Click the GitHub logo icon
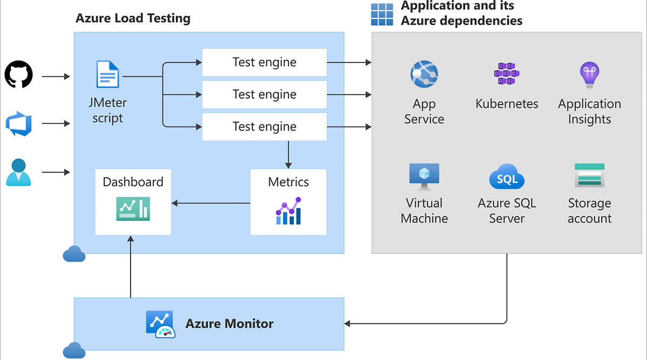[x=19, y=74]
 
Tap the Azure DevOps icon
[x=19, y=124]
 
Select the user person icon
[x=19, y=172]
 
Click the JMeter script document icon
[x=108, y=74]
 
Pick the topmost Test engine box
[x=264, y=63]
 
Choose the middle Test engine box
[x=264, y=95]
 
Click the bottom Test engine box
[x=264, y=127]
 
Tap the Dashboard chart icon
[x=133, y=209]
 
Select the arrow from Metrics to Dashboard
[x=211, y=203]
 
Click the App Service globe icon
[x=424, y=74]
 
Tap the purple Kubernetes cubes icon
[x=507, y=74]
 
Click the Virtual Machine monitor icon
[x=424, y=176]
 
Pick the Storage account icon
[x=589, y=176]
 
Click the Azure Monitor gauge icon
[x=160, y=324]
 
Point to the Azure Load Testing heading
[x=133, y=18]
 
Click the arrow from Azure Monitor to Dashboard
[x=130, y=266]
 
